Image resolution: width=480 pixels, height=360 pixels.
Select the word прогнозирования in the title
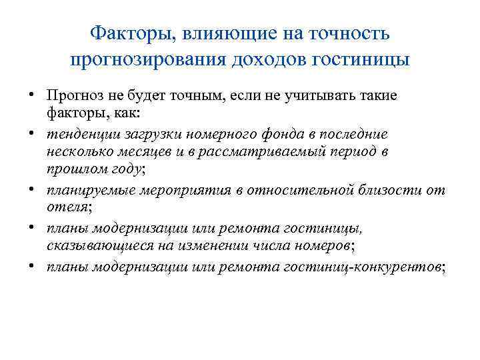click(147, 59)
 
